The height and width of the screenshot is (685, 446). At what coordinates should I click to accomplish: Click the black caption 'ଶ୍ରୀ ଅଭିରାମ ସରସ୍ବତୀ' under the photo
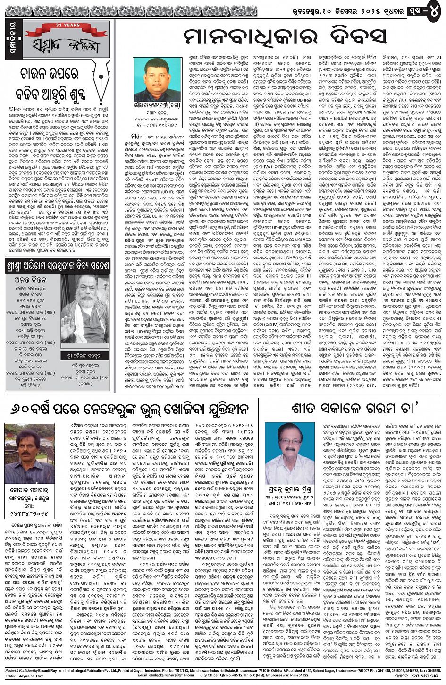coord(85,355)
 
